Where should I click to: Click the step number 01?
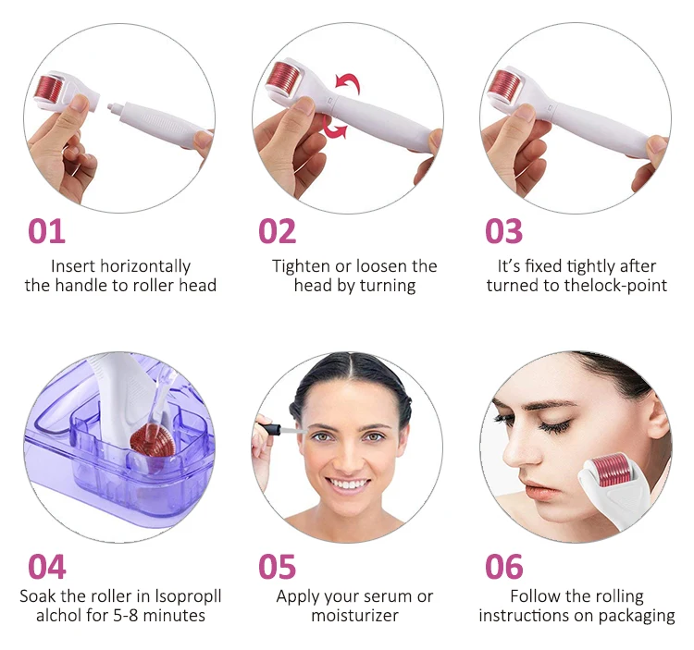click(46, 231)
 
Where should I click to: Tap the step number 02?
click(277, 231)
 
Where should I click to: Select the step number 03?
click(503, 231)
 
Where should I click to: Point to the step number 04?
click(47, 567)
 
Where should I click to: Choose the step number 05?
click(277, 567)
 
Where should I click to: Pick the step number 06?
click(503, 567)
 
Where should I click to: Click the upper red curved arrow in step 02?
click(348, 82)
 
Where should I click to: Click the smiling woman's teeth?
click(350, 484)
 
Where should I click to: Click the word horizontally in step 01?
click(145, 266)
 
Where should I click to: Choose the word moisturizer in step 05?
click(355, 616)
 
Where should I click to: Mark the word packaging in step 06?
click(637, 616)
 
